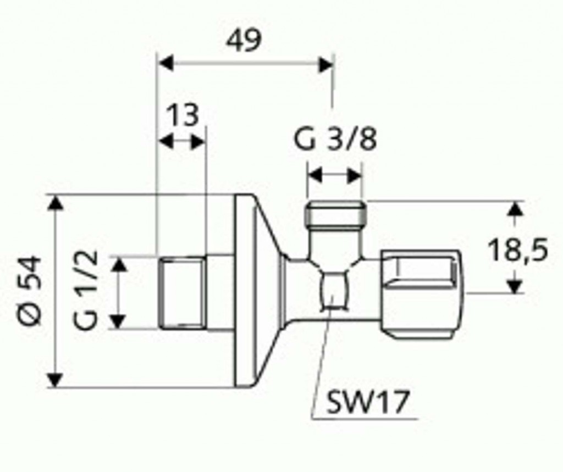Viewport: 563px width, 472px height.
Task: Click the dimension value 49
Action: coord(244,41)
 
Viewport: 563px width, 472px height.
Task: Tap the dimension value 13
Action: coord(183,115)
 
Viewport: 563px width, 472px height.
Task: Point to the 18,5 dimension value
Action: coord(518,250)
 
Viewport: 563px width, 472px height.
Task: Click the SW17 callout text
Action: coord(367,402)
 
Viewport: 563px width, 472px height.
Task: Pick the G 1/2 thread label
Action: coord(86,290)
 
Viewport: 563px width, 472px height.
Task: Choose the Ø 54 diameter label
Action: coord(30,290)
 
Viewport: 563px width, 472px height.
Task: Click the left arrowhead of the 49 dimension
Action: coord(166,64)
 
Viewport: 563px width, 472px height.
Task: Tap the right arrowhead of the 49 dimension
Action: coord(326,65)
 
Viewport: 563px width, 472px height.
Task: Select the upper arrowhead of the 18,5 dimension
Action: coord(516,209)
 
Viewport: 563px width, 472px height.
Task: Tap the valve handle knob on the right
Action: coord(421,295)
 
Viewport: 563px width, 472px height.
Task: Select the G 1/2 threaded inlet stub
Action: coord(183,292)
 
